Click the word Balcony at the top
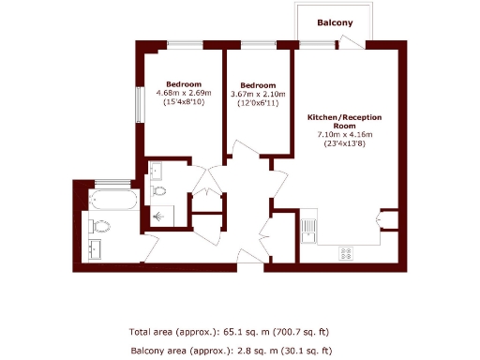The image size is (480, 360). tap(335, 22)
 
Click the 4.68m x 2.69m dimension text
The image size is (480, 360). tap(183, 93)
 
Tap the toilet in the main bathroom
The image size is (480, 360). tap(101, 225)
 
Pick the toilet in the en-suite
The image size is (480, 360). tap(158, 191)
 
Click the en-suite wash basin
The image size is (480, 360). tap(157, 171)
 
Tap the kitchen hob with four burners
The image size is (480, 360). tap(345, 252)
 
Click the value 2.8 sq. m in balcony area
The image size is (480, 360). tap(224, 351)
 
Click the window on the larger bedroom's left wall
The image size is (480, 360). tap(140, 105)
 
